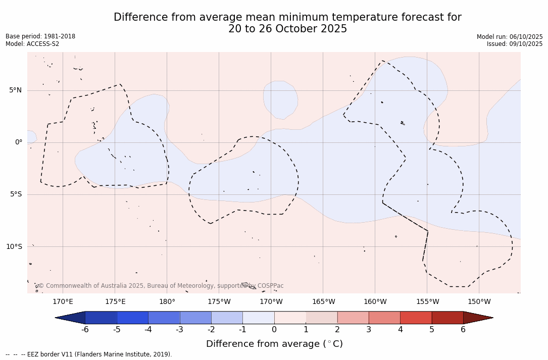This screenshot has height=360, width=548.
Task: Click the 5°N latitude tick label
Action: pyautogui.click(x=15, y=90)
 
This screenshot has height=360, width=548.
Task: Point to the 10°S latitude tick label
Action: pyautogui.click(x=14, y=247)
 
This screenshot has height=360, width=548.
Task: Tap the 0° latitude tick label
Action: pyautogui.click(x=18, y=142)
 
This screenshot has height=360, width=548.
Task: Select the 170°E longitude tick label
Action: pyautogui.click(x=63, y=302)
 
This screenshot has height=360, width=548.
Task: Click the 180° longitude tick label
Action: pyautogui.click(x=167, y=302)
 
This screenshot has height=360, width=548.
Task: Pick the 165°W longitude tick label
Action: pyautogui.click(x=323, y=302)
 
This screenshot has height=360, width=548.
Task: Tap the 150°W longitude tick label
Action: pyautogui.click(x=479, y=302)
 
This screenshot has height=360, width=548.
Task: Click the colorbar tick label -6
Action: pyautogui.click(x=85, y=330)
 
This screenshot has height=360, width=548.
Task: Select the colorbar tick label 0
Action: pyautogui.click(x=274, y=330)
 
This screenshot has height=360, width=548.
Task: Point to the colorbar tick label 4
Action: pyautogui.click(x=400, y=330)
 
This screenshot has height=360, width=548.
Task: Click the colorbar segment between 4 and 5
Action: pyautogui.click(x=416, y=318)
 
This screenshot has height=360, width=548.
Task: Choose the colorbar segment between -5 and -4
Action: pyautogui.click(x=132, y=318)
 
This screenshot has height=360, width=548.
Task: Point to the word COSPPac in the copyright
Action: pyautogui.click(x=270, y=286)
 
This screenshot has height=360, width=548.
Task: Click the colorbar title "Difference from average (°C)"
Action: pyautogui.click(x=274, y=344)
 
